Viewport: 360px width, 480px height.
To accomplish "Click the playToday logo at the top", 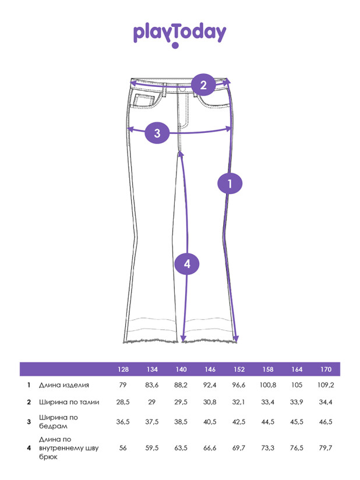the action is click(179, 34).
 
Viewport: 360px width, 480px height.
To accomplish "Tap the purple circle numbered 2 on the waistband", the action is click(203, 85).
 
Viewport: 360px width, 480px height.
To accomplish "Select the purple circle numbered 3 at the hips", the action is click(157, 133).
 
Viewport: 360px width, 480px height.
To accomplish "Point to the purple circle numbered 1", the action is click(230, 183).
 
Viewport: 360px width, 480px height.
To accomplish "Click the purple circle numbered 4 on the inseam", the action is click(187, 264).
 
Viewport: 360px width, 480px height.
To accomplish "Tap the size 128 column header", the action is click(123, 369).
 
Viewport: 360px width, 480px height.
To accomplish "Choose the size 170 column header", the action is click(326, 369).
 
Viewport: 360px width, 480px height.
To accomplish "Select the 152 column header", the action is click(239, 369).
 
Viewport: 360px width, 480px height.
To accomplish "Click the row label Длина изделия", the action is click(64, 385).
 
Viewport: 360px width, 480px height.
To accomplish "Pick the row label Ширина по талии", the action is click(69, 403).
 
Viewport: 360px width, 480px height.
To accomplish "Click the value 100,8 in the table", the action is click(268, 385).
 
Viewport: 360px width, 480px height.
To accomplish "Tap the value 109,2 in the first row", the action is click(326, 385).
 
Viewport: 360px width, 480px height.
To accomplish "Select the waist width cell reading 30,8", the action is click(210, 403).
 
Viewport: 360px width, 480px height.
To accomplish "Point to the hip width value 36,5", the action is click(123, 422).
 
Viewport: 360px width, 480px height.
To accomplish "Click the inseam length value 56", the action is click(123, 448).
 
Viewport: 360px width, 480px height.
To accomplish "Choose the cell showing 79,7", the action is click(326, 448).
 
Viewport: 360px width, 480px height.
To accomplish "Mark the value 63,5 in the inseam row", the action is click(181, 448).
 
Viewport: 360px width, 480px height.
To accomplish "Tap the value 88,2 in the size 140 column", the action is click(181, 385).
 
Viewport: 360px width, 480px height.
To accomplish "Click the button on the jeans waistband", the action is click(182, 89).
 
